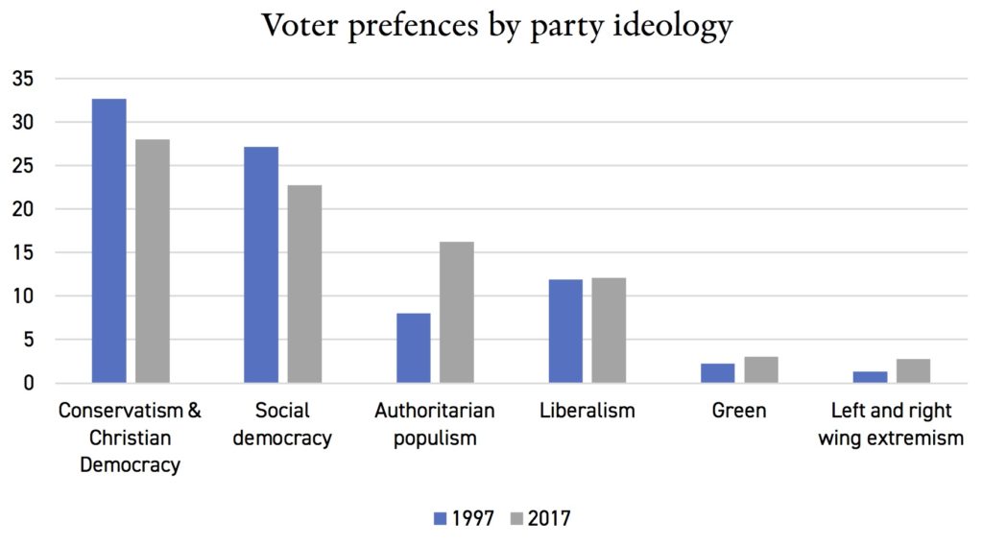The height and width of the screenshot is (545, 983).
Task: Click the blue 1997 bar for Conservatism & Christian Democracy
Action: (x=108, y=241)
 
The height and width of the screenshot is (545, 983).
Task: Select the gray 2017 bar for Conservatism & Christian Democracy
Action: (x=153, y=261)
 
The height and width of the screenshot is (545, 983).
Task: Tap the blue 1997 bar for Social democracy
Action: (x=261, y=265)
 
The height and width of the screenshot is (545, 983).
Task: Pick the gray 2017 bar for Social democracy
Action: (x=304, y=284)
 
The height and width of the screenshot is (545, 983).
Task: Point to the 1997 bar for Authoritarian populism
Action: (x=413, y=347)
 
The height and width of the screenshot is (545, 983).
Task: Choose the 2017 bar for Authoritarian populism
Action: (x=457, y=312)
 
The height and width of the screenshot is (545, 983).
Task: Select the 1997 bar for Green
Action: (x=718, y=372)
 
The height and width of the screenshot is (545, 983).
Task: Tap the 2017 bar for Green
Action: (x=761, y=369)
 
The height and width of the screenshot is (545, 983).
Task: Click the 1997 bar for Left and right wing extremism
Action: (x=870, y=376)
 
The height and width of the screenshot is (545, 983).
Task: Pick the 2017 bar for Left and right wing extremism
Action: (x=913, y=370)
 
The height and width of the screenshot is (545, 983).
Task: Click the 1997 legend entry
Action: (x=465, y=518)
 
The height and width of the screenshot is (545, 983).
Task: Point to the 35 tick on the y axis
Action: (x=22, y=79)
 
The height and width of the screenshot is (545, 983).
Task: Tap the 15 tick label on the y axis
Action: (x=22, y=252)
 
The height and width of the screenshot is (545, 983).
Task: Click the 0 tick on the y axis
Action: (x=28, y=383)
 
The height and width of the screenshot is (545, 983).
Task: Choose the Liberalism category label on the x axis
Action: (x=587, y=411)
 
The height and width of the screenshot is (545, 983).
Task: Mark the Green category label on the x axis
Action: (x=739, y=411)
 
